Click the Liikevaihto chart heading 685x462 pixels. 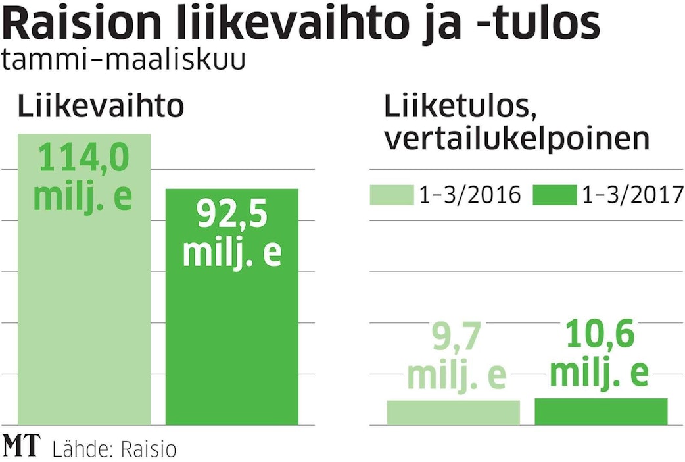click(100, 107)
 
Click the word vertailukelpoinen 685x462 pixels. click(517, 140)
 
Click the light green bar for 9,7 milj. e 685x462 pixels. click(453, 412)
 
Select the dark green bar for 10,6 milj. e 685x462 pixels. click(601, 411)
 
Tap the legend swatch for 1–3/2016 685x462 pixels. click(390, 195)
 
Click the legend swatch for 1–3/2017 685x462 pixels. click(554, 195)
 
